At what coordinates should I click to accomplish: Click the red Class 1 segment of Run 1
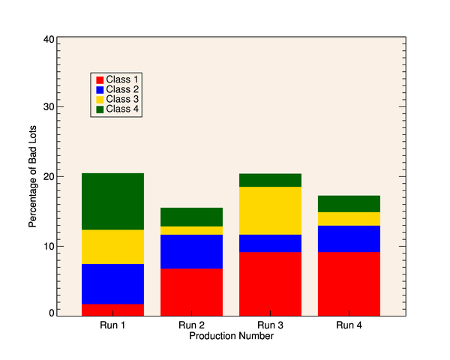click(112, 309)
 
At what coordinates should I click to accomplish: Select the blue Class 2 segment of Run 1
click(112, 283)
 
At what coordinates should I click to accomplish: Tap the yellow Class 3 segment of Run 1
click(112, 247)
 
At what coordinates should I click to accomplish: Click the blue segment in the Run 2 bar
click(191, 251)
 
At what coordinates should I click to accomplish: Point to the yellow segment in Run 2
click(191, 230)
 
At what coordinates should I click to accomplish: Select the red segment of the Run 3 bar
click(270, 283)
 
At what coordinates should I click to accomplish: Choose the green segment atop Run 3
click(270, 180)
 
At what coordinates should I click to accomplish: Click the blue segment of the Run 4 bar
click(349, 238)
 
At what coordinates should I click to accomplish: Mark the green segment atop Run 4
click(349, 203)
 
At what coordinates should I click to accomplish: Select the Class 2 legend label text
click(122, 89)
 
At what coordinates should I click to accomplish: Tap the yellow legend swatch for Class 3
click(99, 99)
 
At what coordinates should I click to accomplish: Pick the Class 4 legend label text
click(122, 109)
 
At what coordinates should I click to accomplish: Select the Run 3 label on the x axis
click(270, 325)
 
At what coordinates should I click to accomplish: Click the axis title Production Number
click(231, 336)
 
